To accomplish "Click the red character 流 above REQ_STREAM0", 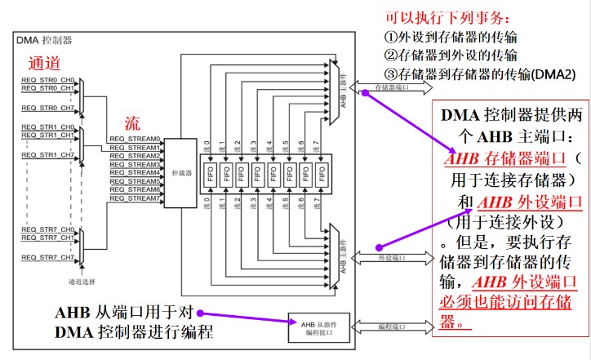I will tap(131, 123).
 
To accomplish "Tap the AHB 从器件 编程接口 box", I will tap(314, 327).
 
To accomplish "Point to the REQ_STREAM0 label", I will tap(135, 140).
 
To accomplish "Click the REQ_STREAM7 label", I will tap(135, 198).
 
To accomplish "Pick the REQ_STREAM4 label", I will tap(135, 173).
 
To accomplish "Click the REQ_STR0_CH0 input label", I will tap(48, 79).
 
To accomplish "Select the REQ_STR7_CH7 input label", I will tap(48, 257).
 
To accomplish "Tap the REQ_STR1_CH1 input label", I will tap(48, 136).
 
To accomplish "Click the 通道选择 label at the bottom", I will tap(81, 282).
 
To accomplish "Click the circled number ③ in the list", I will tap(389, 73).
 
